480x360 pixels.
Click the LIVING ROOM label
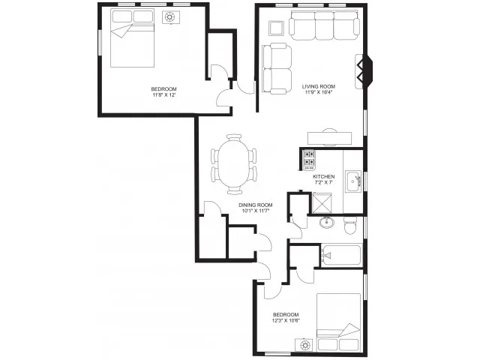click(318, 86)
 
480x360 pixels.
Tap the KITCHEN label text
click(323, 177)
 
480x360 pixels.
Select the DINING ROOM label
click(255, 205)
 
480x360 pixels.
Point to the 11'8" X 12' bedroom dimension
click(163, 95)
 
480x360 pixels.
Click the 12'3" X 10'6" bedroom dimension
click(286, 320)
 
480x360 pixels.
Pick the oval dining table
click(234, 164)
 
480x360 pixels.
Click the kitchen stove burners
click(308, 160)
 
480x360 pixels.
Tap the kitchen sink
click(353, 181)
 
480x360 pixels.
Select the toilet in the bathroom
click(350, 225)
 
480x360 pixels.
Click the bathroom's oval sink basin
click(327, 222)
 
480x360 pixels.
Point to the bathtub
click(341, 255)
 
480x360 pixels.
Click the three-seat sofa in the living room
click(325, 25)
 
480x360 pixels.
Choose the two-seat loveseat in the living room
click(277, 68)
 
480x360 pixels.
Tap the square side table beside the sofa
click(277, 28)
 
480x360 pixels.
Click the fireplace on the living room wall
click(364, 72)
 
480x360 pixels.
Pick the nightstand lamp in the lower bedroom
click(304, 345)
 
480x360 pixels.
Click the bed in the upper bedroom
click(132, 38)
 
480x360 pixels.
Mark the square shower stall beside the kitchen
click(322, 203)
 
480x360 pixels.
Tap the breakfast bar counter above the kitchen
click(330, 138)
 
